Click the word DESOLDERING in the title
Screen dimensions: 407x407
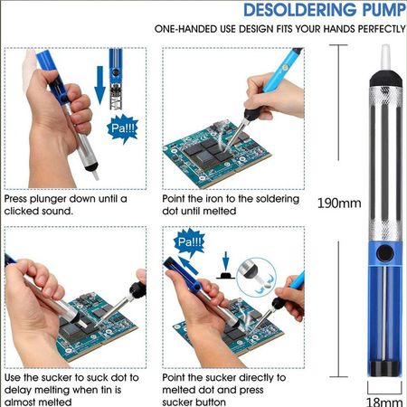click(299, 9)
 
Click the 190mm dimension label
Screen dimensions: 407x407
click(339, 203)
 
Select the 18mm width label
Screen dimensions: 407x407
click(384, 402)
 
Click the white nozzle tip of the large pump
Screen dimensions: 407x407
click(385, 58)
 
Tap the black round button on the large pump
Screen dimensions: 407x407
click(385, 252)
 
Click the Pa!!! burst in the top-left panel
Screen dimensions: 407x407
click(123, 128)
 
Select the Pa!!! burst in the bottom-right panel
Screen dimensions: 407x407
click(189, 241)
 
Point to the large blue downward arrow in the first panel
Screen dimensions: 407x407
click(99, 85)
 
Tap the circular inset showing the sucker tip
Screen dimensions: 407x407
click(256, 276)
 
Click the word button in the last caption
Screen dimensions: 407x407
click(208, 402)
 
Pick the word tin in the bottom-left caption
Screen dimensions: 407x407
click(106, 390)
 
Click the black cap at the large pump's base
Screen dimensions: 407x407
click(385, 369)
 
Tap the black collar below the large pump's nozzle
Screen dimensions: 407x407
click(385, 79)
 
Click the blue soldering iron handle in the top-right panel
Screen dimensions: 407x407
click(281, 70)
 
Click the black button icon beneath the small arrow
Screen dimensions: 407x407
click(225, 276)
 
